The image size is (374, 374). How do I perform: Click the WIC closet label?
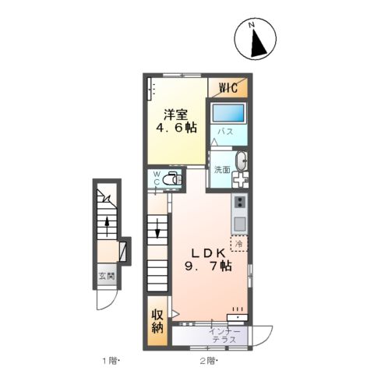(228, 88)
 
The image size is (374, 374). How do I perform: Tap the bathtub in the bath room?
(228, 113)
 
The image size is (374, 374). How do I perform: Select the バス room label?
(225, 132)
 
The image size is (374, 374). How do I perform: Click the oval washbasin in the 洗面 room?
(241, 161)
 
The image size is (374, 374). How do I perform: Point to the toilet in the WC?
(171, 179)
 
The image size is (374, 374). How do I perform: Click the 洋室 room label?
(175, 115)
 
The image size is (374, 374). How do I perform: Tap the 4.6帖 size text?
(176, 128)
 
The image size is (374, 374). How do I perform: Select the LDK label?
(208, 253)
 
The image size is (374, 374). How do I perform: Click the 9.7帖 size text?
(208, 266)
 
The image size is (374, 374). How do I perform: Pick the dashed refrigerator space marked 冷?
(239, 244)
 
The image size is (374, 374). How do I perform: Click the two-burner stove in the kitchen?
(240, 201)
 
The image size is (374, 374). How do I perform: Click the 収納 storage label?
(157, 321)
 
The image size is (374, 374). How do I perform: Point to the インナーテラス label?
(225, 335)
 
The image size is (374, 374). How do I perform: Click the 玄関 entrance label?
(107, 276)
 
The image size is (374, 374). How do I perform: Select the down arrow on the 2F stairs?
(157, 228)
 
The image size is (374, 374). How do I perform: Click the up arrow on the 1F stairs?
(107, 227)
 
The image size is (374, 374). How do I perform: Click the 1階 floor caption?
(110, 361)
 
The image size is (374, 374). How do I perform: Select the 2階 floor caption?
(208, 361)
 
